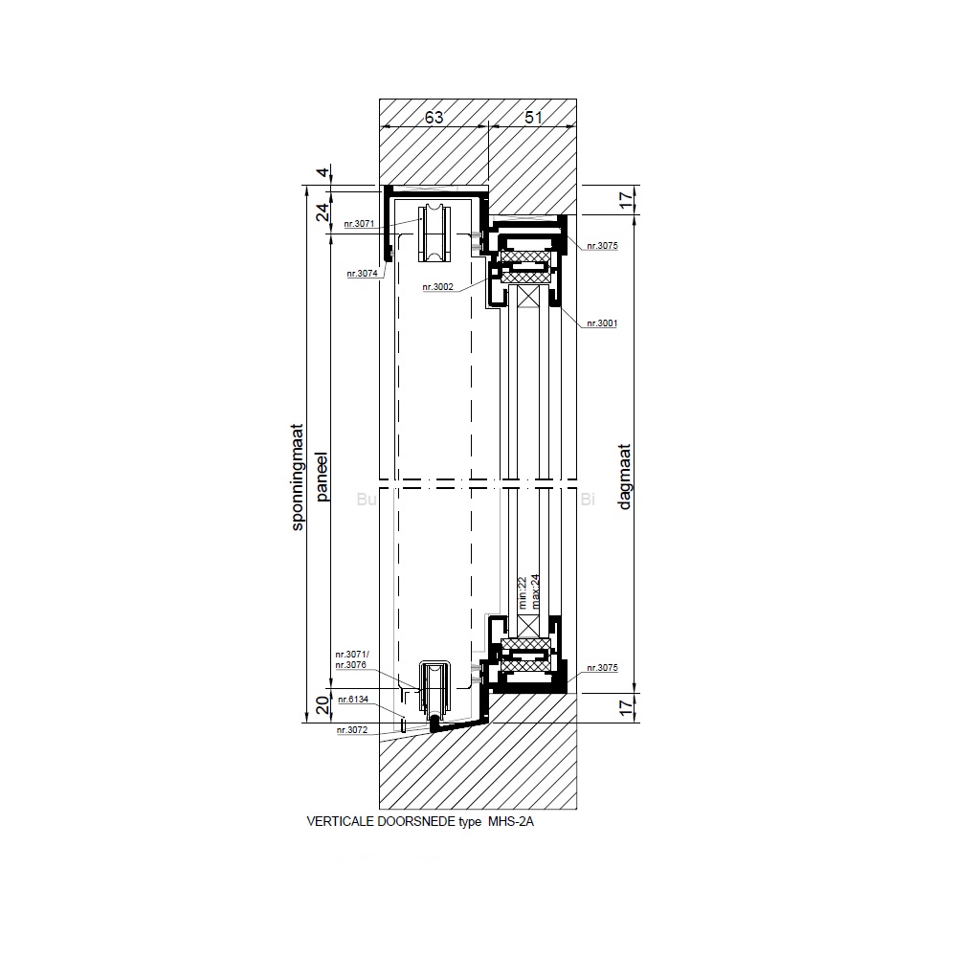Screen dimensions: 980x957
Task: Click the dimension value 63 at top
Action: tap(434, 117)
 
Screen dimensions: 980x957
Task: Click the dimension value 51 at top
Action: tap(533, 117)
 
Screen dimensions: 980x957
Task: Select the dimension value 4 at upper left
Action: tap(323, 171)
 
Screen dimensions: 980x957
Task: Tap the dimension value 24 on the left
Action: tap(323, 212)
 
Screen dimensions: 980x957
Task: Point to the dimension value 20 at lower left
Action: tap(323, 705)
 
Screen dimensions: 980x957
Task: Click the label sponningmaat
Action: tap(298, 478)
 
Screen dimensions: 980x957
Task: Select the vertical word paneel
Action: tap(322, 477)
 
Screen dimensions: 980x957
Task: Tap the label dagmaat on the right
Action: tap(624, 477)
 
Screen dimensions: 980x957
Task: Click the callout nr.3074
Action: tap(363, 273)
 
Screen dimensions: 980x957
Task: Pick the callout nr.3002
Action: tap(437, 287)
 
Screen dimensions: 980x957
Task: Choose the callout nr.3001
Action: tap(602, 323)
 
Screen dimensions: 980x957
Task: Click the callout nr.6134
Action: tap(353, 700)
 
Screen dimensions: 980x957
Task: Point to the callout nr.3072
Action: tap(352, 729)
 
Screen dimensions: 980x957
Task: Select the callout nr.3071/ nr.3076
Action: tap(352, 659)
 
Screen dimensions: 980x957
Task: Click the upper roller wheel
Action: tap(432, 234)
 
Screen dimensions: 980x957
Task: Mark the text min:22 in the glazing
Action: tap(523, 593)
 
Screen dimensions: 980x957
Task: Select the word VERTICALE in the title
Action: tap(341, 821)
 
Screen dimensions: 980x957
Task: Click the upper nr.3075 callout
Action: tap(602, 246)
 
